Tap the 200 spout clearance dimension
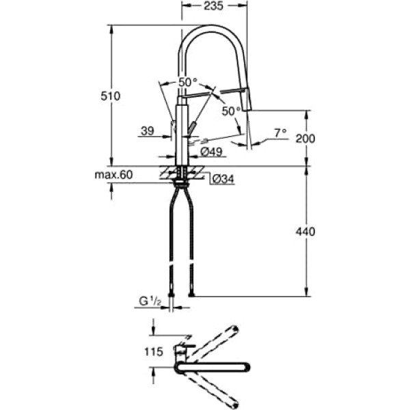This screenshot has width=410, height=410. [x=306, y=138]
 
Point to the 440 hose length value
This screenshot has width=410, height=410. [x=306, y=232]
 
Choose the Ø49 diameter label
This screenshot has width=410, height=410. [x=213, y=152]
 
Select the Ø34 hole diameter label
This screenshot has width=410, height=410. [x=219, y=179]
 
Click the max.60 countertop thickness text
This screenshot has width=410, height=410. [x=113, y=175]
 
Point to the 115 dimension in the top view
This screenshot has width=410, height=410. [x=154, y=353]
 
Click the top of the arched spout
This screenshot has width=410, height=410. [x=212, y=27]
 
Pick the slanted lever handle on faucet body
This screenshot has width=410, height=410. [x=192, y=128]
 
